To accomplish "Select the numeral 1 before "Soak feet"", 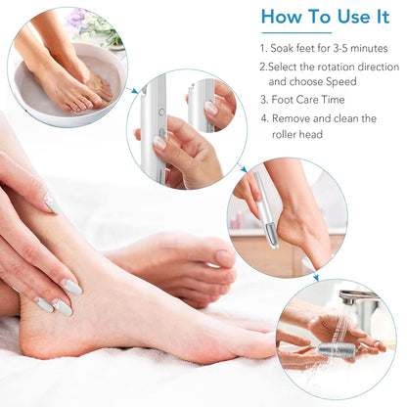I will click(262, 47).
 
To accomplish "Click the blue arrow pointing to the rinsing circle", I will click(315, 276).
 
